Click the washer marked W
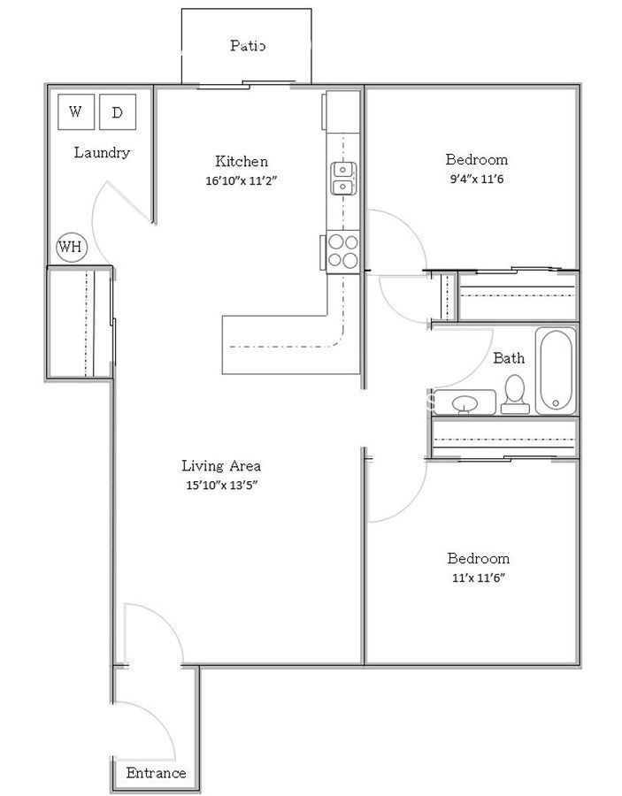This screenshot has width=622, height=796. [x=76, y=111]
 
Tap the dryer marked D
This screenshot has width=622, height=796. [x=118, y=111]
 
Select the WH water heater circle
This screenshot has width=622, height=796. [x=72, y=248]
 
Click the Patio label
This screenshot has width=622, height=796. [x=247, y=46]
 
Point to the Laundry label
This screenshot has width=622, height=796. [x=102, y=152]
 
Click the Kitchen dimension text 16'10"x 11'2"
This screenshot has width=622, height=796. [x=242, y=180]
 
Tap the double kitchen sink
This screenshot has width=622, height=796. [x=344, y=178]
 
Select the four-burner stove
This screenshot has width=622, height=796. [x=342, y=252]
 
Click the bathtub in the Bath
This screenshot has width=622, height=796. [x=556, y=371]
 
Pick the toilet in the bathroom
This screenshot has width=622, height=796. [x=515, y=394]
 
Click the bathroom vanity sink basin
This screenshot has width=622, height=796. [x=465, y=404]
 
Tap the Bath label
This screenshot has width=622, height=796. [x=509, y=358]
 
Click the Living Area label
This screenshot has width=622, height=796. [x=221, y=465]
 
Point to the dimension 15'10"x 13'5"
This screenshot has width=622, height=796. [x=222, y=485]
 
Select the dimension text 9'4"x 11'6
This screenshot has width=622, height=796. [x=477, y=180]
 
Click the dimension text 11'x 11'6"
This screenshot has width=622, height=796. [x=479, y=578]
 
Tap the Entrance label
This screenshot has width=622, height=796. [x=156, y=773]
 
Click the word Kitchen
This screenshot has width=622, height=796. [x=242, y=161]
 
